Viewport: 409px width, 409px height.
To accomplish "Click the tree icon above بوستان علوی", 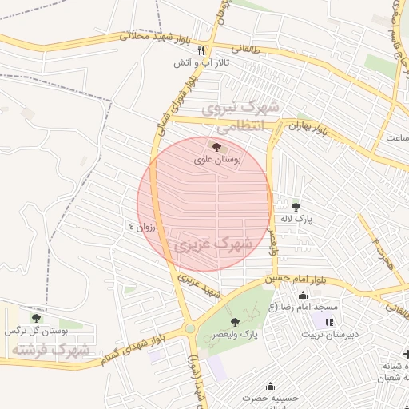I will (x=216, y=145).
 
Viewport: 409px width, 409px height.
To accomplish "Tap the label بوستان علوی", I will (x=217, y=159).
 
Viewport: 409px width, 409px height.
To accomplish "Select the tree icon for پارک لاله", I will (x=296, y=206).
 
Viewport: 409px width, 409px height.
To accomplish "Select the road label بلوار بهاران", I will (x=309, y=126).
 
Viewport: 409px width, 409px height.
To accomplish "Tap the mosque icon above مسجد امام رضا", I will (x=301, y=296).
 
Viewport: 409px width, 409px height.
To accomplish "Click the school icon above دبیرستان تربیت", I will (x=328, y=321).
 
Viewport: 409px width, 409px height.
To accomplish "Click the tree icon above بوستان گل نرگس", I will (x=35, y=317).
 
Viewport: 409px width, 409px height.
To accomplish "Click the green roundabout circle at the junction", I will (x=190, y=328).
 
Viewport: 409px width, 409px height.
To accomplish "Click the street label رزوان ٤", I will (x=145, y=227).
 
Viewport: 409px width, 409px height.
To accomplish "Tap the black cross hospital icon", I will (x=405, y=353).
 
